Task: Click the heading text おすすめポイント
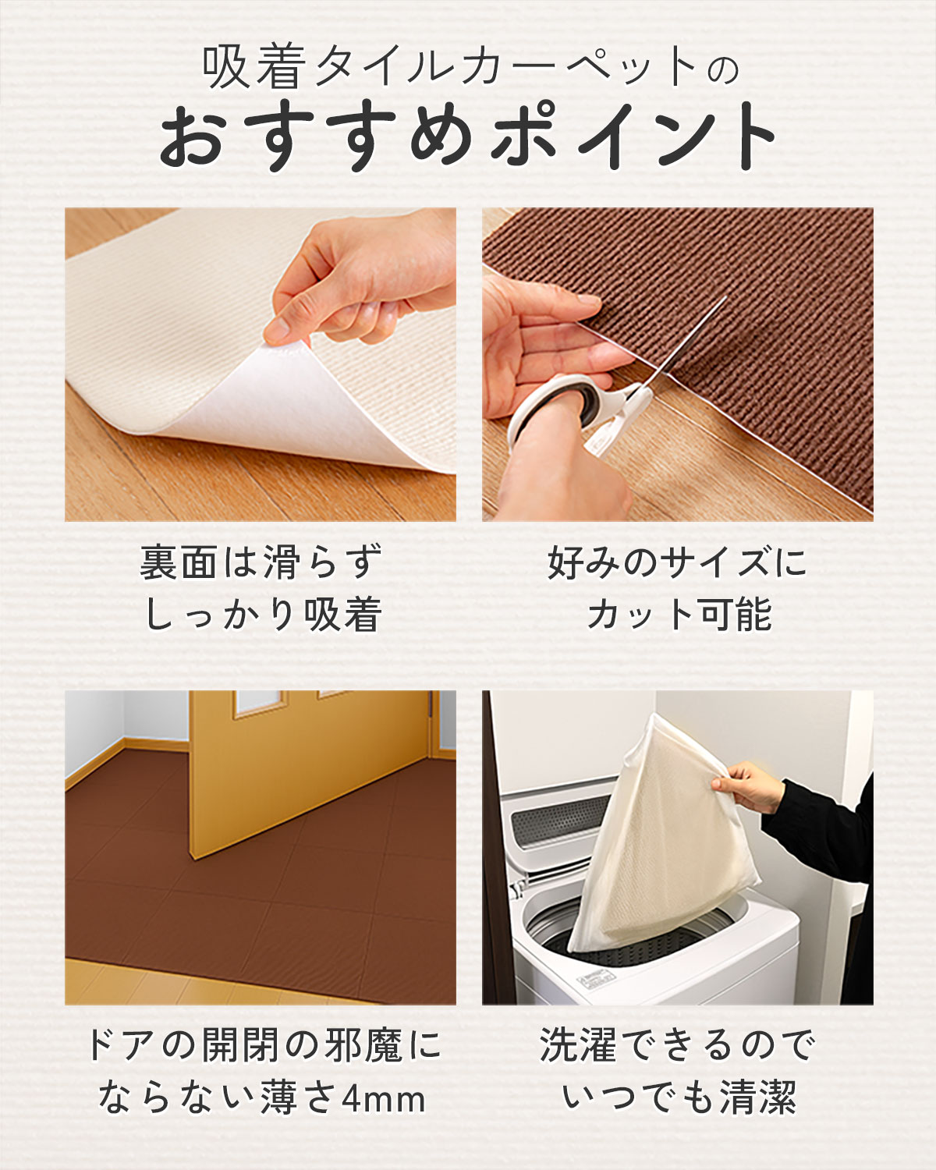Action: pyautogui.click(x=468, y=137)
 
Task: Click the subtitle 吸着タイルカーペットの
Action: pyautogui.click(x=468, y=69)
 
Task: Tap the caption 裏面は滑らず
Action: pyautogui.click(x=261, y=562)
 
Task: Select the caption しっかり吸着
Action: pyautogui.click(x=262, y=615)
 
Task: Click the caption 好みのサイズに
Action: pyautogui.click(x=677, y=562)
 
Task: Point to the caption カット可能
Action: pyautogui.click(x=679, y=615)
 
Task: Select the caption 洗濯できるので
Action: pyautogui.click(x=677, y=1045)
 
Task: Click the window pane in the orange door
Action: pyautogui.click(x=253, y=702)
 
